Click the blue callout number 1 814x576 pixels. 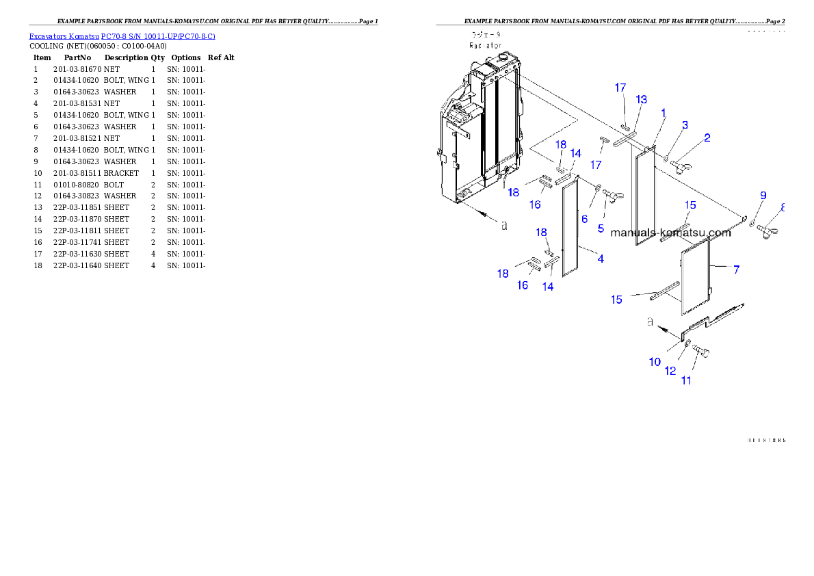point(663,112)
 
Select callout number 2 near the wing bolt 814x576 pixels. point(707,138)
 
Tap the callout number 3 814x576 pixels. point(685,125)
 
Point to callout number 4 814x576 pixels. point(600,259)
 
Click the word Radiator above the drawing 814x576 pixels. point(485,45)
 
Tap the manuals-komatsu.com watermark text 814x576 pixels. point(670,233)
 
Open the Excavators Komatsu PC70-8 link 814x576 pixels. point(122,36)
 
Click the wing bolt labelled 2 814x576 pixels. point(685,166)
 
